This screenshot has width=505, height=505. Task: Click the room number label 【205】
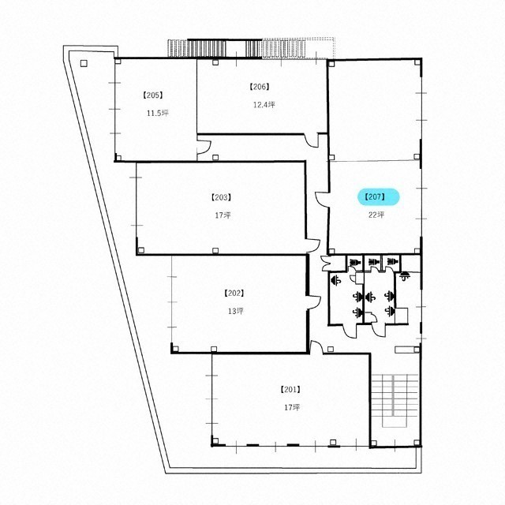pyautogui.click(x=152, y=95)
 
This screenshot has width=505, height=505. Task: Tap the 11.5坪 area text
pyautogui.click(x=158, y=114)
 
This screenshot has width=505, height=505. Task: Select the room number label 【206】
pyautogui.click(x=260, y=87)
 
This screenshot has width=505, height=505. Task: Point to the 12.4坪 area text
pyautogui.click(x=264, y=105)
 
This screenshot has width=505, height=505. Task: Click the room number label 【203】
pyautogui.click(x=221, y=197)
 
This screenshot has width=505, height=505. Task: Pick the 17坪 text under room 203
pyautogui.click(x=223, y=215)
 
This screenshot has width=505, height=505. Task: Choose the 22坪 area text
pyautogui.click(x=376, y=215)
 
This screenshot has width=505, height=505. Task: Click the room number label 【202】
pyautogui.click(x=234, y=294)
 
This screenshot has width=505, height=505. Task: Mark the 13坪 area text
pyautogui.click(x=236, y=311)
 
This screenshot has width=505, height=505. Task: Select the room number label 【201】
pyautogui.click(x=290, y=390)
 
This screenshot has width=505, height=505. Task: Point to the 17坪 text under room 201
pyautogui.click(x=292, y=407)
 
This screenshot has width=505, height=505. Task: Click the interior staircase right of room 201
pyautogui.click(x=395, y=400)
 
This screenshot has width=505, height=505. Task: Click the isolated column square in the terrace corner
pyautogui.click(x=84, y=63)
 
